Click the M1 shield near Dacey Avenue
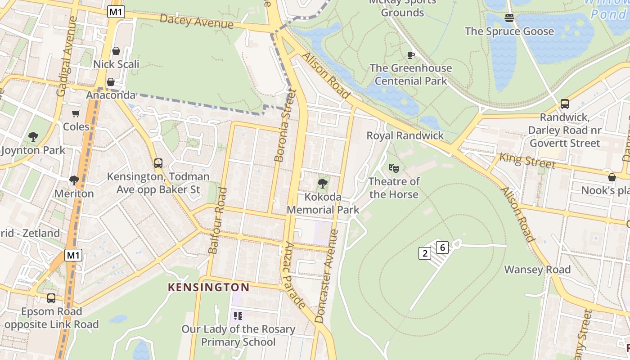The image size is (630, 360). (116, 12)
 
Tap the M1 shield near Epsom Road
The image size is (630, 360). (73, 255)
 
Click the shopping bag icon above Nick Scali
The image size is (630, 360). (116, 51)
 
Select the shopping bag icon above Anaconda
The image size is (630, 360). (110, 82)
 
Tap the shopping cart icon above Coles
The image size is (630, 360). (76, 113)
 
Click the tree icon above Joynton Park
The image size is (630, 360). (33, 136)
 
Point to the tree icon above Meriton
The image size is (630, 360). (74, 180)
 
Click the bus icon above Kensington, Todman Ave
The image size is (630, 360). (158, 163)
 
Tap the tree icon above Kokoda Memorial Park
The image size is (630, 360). (322, 184)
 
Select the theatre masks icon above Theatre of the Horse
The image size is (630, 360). (394, 168)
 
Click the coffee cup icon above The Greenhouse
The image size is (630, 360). (410, 55)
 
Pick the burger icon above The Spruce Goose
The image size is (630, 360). (509, 18)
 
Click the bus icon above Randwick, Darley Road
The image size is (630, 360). (564, 104)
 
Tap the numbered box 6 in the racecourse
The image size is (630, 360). (442, 247)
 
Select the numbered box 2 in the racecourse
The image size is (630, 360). (424, 253)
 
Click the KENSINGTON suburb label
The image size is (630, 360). (208, 287)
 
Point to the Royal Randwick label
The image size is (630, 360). (405, 135)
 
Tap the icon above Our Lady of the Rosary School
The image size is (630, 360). (238, 316)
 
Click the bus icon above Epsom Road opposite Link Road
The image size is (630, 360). (51, 298)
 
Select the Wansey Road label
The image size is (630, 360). (537, 270)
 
